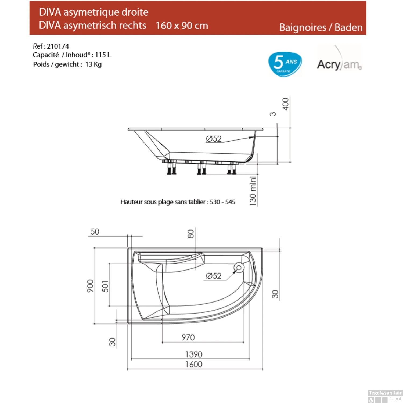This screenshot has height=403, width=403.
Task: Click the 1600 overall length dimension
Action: (x=194, y=364)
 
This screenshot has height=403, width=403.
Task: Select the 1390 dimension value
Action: (x=194, y=354)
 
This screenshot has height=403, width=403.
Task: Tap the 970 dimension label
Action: (x=188, y=337)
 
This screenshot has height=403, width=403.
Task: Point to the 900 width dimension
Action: (x=90, y=286)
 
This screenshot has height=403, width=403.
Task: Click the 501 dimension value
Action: (x=105, y=286)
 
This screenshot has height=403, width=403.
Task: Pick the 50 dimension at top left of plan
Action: (x=95, y=232)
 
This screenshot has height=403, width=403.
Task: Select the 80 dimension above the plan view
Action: (x=190, y=234)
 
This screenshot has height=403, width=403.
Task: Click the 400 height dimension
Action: (x=286, y=104)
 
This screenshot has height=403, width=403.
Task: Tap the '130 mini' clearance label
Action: (x=253, y=191)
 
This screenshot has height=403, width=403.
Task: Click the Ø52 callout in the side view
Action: (x=214, y=139)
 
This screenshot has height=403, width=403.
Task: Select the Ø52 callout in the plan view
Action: (x=214, y=276)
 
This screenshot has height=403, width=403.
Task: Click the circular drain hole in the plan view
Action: (x=239, y=268)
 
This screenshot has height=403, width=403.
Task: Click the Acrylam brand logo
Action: (x=340, y=64)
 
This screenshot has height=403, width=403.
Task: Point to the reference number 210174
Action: (x=58, y=46)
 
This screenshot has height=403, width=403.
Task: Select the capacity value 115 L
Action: (x=103, y=55)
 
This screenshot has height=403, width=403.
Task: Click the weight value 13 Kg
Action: (x=93, y=64)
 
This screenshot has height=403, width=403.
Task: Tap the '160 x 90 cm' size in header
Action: (x=182, y=26)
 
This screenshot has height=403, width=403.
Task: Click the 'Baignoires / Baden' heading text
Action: (x=321, y=27)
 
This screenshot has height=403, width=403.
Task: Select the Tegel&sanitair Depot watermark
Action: (x=385, y=396)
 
